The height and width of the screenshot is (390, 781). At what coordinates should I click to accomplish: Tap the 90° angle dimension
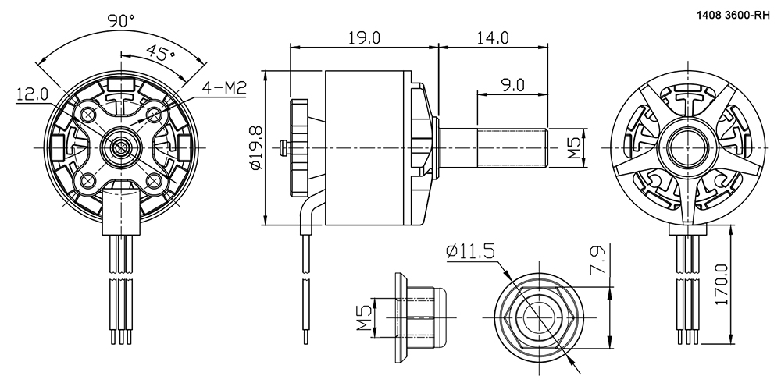point(122,21)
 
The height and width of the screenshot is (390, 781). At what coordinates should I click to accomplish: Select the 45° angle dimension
point(160,51)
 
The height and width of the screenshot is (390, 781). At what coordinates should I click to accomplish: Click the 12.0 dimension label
point(32,94)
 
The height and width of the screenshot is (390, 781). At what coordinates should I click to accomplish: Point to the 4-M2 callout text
point(225,89)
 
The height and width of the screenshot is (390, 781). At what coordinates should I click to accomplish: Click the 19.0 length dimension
point(364,37)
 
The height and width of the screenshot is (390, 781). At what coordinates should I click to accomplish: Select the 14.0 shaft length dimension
point(492,37)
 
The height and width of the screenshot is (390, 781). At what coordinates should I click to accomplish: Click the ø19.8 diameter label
point(256,147)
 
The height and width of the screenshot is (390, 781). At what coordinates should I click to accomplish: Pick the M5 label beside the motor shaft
point(574,147)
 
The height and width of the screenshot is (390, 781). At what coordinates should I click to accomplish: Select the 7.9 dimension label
point(601,260)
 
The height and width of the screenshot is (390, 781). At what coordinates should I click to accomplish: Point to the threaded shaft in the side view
point(512,147)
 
